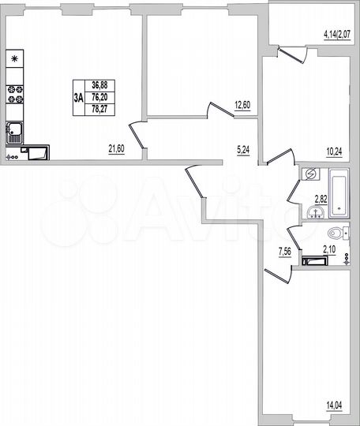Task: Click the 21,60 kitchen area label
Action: (117, 146)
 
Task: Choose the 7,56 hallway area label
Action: (283, 252)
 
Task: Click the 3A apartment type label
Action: (77, 99)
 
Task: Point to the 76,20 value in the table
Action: (100, 98)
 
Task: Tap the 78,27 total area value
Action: (100, 110)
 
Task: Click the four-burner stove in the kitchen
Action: (15, 94)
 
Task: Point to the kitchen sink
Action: (14, 132)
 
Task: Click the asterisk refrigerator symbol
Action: (15, 58)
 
